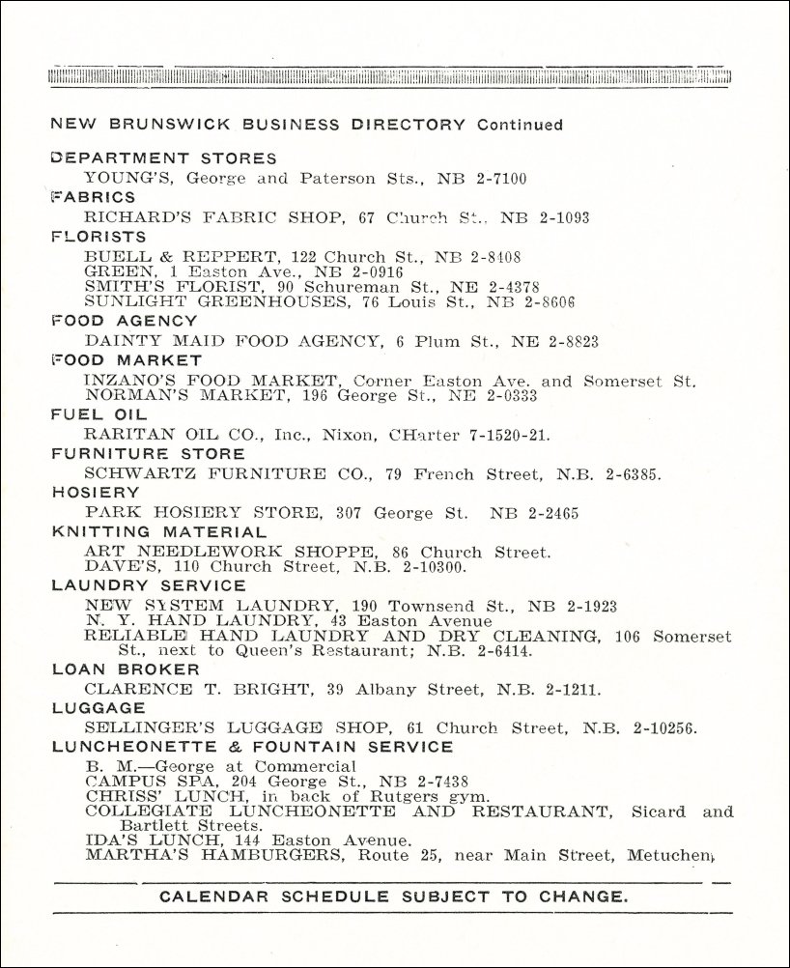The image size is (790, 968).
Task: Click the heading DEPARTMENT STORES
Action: click(x=163, y=158)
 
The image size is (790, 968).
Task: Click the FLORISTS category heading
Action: click(x=99, y=237)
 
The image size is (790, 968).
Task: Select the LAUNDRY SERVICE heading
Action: click(x=149, y=585)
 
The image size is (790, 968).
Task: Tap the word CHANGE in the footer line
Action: click(x=586, y=897)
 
